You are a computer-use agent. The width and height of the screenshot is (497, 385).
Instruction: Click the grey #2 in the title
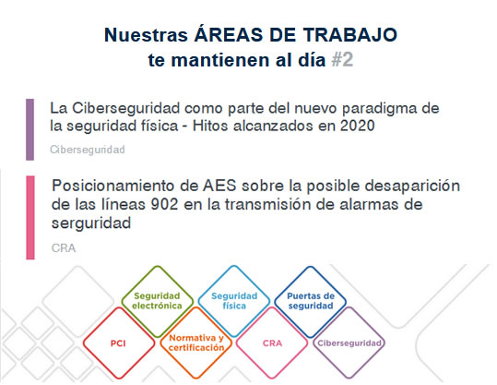342,60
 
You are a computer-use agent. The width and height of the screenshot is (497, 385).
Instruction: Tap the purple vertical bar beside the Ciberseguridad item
30,129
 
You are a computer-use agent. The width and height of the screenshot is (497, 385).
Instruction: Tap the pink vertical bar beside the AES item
30,217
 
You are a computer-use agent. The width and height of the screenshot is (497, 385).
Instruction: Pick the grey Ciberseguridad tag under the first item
88,150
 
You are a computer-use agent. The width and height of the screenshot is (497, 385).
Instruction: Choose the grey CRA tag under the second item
64,247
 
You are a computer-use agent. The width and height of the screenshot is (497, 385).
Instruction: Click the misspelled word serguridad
91,223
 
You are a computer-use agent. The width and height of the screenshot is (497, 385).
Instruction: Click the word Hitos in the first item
210,126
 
